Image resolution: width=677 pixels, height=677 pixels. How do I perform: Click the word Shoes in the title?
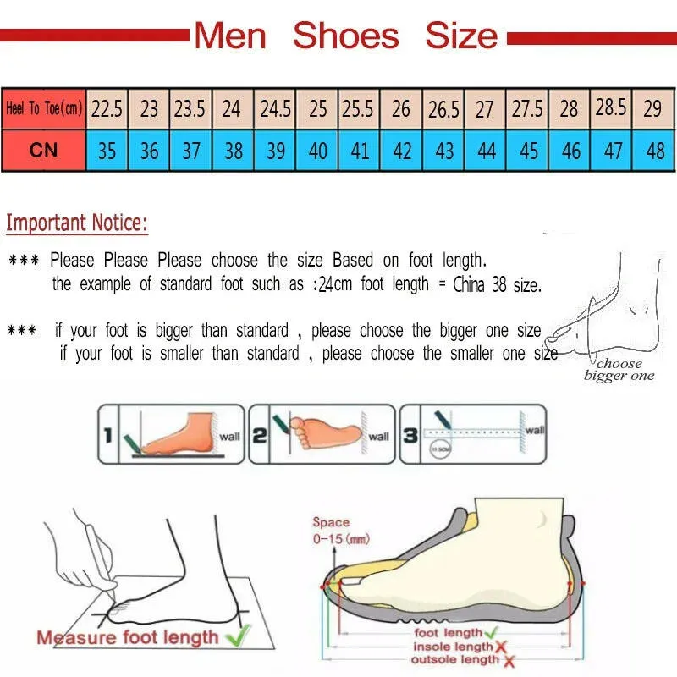345,36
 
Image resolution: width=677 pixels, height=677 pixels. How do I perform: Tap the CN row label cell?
43,150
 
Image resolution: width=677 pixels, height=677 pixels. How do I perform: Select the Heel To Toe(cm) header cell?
43,108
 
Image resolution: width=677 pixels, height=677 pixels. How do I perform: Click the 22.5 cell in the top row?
107,108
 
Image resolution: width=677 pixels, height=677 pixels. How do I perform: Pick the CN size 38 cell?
234,151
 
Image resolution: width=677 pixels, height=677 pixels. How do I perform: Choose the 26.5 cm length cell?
443,109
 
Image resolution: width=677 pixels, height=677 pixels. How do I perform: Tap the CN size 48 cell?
654,151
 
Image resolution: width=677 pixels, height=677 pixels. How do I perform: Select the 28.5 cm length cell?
611,107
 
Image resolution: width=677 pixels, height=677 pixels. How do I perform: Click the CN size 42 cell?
402,151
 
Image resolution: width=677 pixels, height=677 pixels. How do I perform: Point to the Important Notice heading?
77,223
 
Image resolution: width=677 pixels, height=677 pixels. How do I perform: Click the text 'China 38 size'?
497,285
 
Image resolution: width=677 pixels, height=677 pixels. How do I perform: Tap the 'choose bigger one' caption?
619,370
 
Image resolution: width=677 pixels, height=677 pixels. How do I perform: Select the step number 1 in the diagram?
107,436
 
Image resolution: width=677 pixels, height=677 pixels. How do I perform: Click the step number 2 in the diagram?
260,436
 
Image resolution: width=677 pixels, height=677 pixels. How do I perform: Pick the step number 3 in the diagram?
410,436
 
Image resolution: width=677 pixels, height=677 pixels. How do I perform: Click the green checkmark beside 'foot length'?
492,632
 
